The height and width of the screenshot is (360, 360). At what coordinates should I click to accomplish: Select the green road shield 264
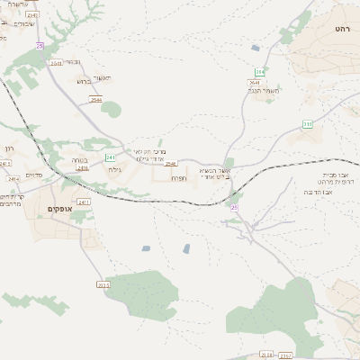click(x=259, y=72)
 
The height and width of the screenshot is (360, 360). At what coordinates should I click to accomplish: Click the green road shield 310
click(x=308, y=124)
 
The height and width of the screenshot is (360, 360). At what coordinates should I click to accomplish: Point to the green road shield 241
click(x=110, y=157)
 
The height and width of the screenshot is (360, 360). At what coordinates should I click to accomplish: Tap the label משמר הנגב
click(x=266, y=90)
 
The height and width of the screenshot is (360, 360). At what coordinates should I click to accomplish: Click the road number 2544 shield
click(x=95, y=100)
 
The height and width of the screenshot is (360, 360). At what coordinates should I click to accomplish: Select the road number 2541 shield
click(x=57, y=63)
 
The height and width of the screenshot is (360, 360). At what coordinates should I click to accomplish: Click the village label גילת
click(x=115, y=169)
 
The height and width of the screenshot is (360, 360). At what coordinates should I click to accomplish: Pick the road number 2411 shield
click(x=84, y=202)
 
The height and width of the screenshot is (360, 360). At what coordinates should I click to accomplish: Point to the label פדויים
click(x=34, y=175)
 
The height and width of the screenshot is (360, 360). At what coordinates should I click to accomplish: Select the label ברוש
click(x=83, y=81)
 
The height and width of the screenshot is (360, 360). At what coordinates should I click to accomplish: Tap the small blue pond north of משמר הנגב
click(x=256, y=48)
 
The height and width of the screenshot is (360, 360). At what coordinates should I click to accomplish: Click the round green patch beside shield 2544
click(x=111, y=110)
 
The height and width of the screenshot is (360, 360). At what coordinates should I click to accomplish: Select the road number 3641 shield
click(x=255, y=82)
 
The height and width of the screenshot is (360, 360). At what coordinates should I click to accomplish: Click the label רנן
click(x=10, y=148)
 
